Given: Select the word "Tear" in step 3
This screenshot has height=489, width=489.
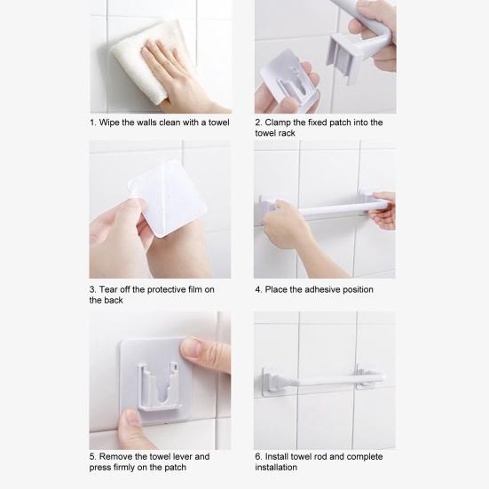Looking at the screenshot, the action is pyautogui.click(x=108, y=289).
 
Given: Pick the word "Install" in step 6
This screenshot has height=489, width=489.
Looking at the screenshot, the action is pyautogui.click(x=276, y=456).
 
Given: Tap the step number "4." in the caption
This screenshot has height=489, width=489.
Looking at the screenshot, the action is pyautogui.click(x=258, y=289).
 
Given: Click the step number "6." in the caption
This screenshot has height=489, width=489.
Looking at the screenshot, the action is pyautogui.click(x=258, y=456).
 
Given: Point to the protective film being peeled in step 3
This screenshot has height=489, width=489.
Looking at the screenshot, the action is pyautogui.click(x=169, y=200).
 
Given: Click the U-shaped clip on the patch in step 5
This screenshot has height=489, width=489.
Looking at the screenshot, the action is pyautogui.click(x=159, y=387).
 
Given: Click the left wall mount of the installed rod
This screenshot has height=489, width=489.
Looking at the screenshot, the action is pyautogui.click(x=272, y=382).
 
